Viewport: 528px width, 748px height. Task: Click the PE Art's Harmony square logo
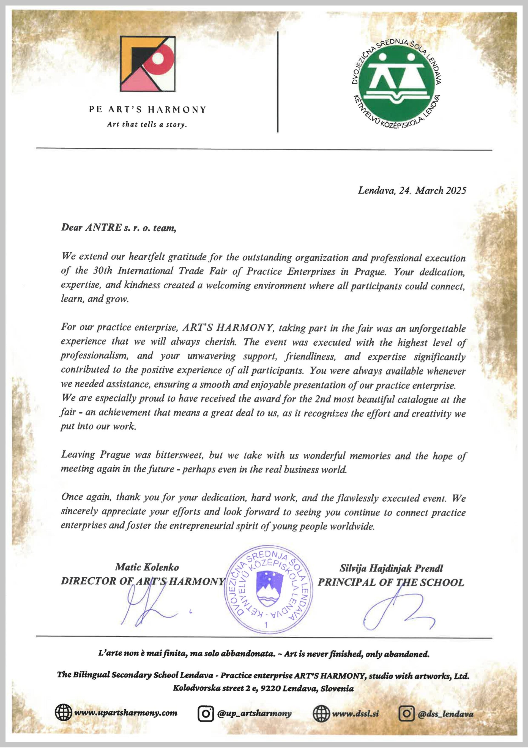click(147, 64)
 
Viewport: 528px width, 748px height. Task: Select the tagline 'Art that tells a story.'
click(147, 125)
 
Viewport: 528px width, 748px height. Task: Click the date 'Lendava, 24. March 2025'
click(412, 190)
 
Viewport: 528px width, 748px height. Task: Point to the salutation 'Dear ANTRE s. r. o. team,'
click(119, 228)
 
